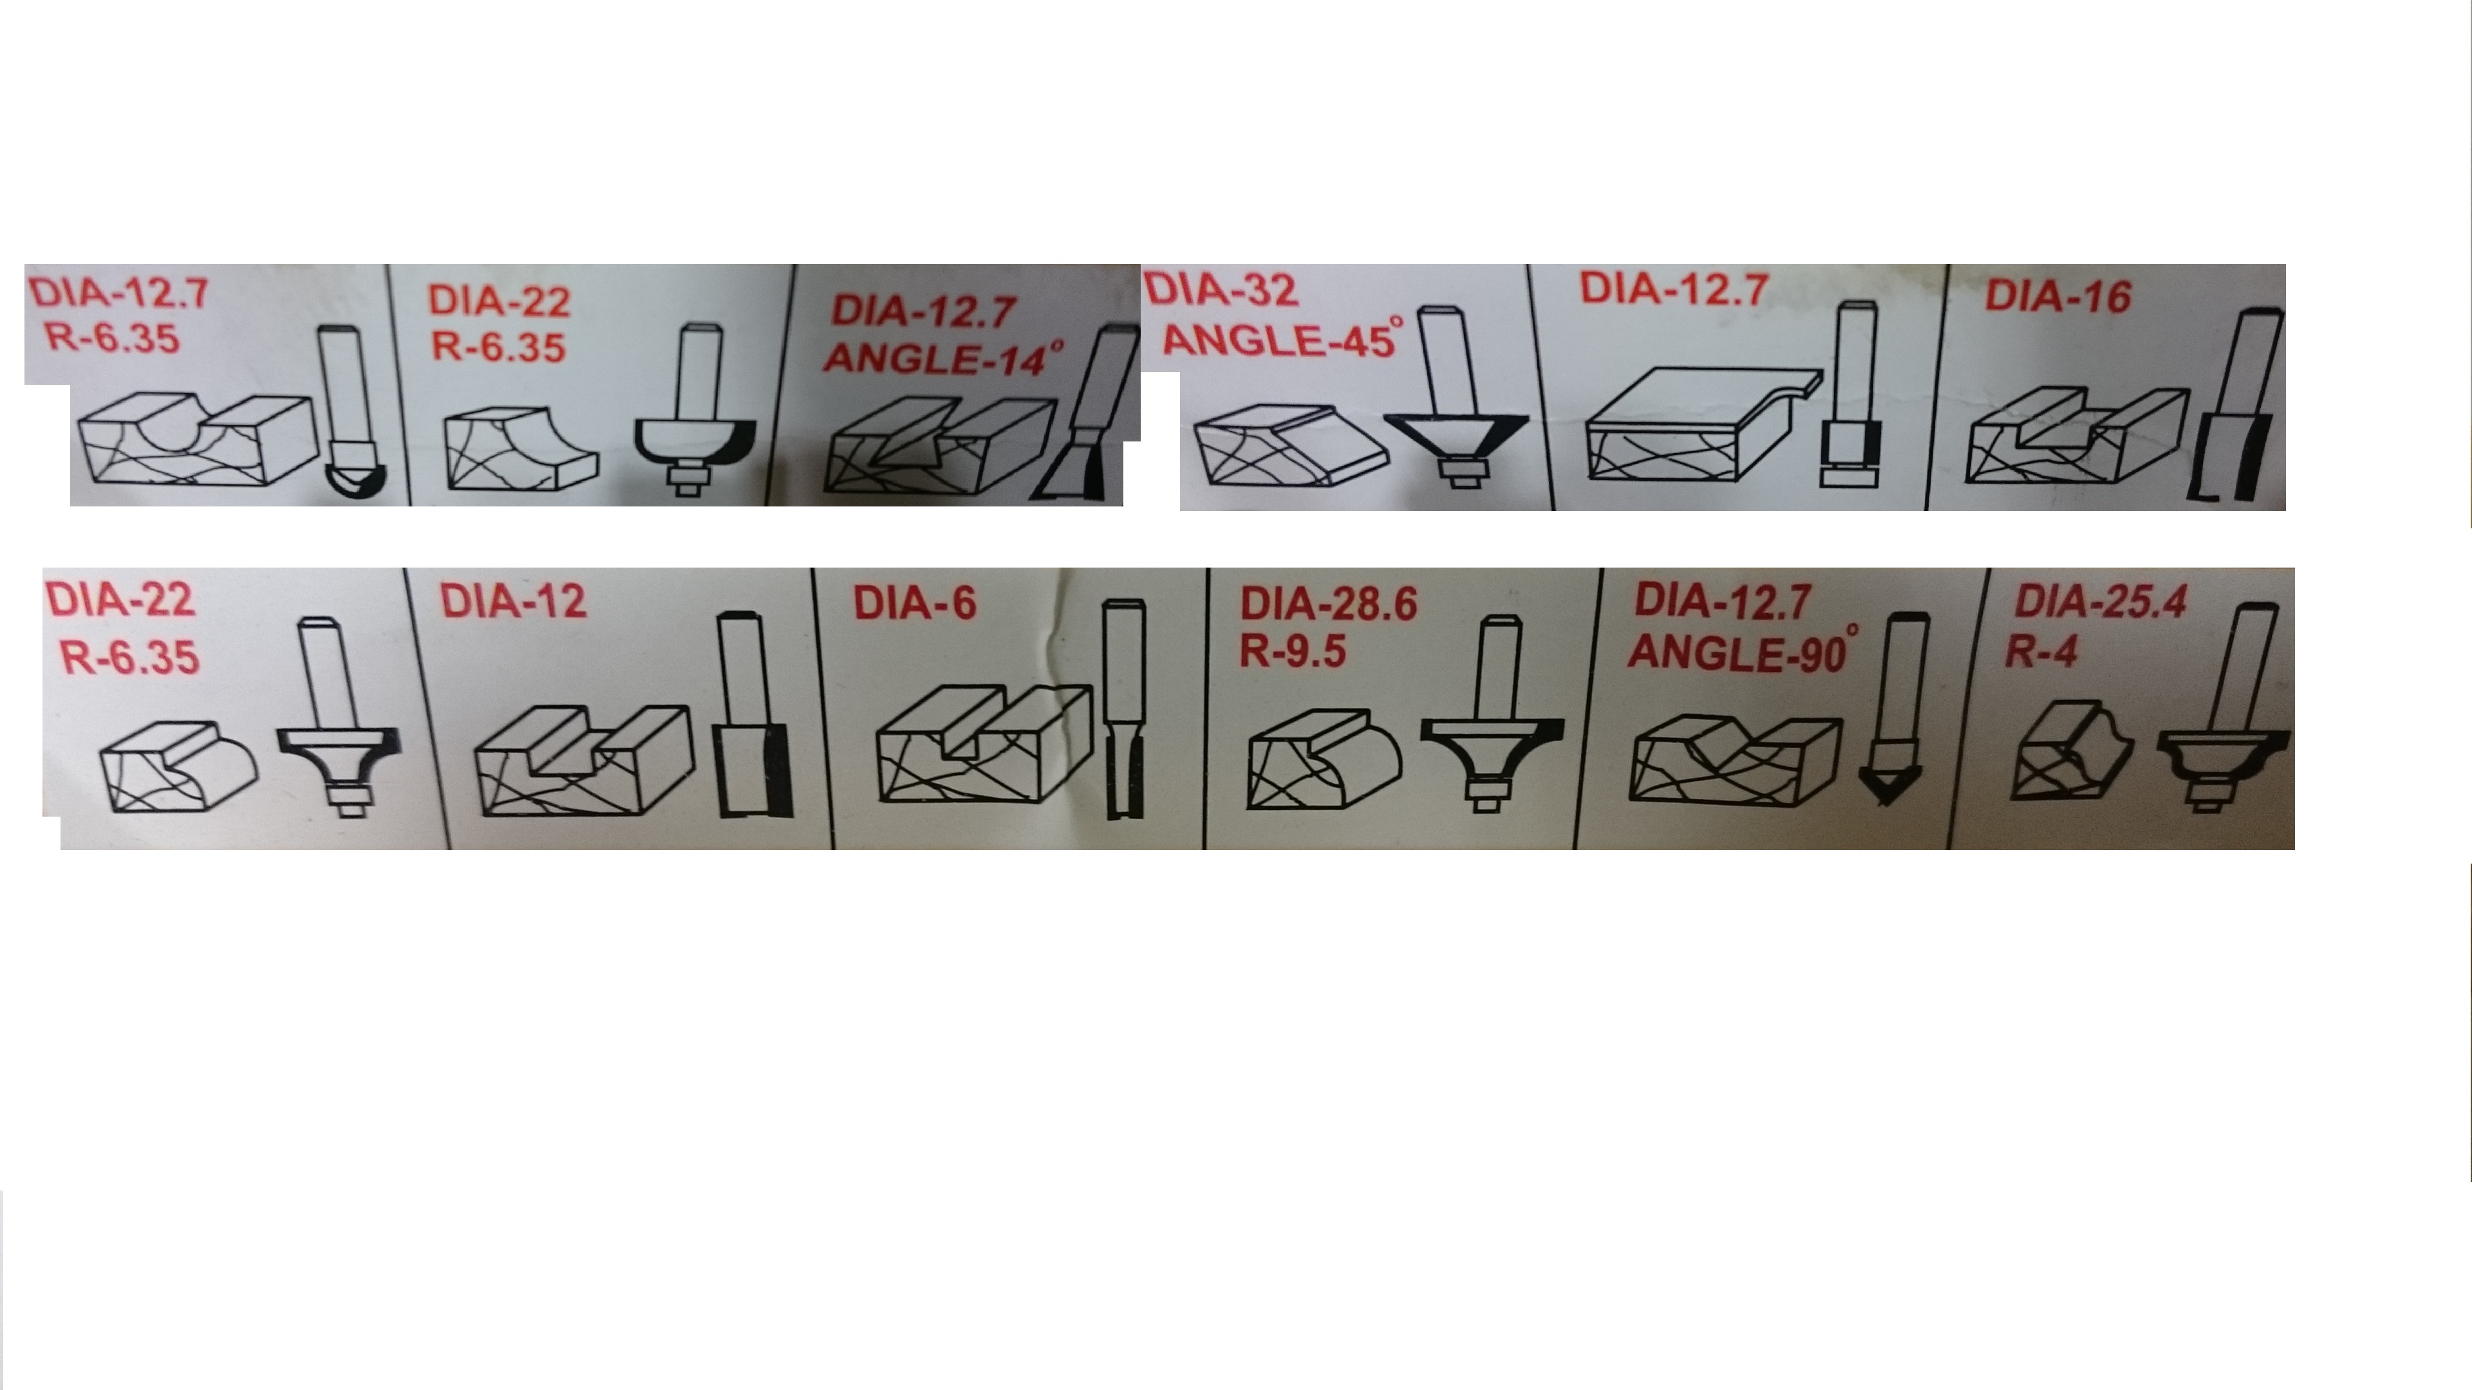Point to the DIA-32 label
click(1221, 289)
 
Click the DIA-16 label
click(2057, 297)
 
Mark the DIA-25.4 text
click(2101, 602)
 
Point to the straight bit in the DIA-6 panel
click(1125, 709)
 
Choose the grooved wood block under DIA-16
click(2077, 436)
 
